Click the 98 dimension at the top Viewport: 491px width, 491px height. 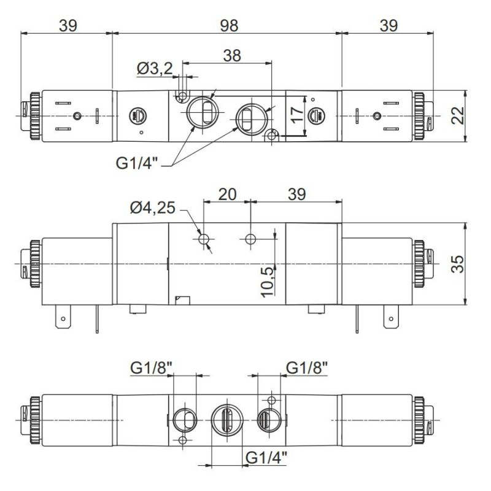[x=228, y=25]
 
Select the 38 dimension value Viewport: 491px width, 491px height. [x=231, y=55]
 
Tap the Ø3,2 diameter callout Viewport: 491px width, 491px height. [x=155, y=69]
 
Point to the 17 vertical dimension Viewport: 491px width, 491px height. [x=296, y=114]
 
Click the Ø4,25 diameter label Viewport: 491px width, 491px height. [x=153, y=209]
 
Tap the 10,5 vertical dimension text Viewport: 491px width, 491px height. [x=268, y=282]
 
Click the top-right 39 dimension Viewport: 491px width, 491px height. [x=388, y=25]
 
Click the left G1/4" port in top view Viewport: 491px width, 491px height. [x=202, y=112]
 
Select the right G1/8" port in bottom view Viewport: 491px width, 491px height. [x=268, y=420]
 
